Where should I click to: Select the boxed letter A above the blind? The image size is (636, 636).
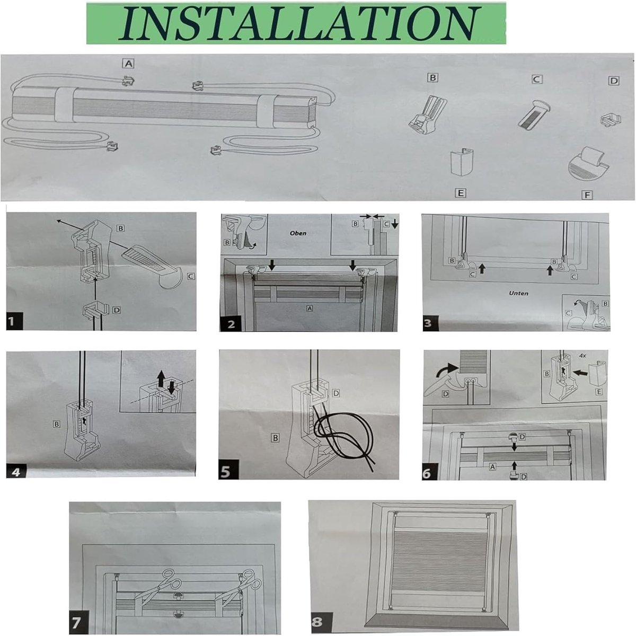128,64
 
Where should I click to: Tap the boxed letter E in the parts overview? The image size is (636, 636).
460,192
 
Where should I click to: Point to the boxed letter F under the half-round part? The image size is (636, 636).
587,195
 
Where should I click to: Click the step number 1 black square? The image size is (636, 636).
14,321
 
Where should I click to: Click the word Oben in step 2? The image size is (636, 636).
298,233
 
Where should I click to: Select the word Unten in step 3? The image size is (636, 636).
518,293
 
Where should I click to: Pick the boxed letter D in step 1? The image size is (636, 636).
116,310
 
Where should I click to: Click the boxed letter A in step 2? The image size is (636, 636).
309,308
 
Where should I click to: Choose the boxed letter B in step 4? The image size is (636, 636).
56,424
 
